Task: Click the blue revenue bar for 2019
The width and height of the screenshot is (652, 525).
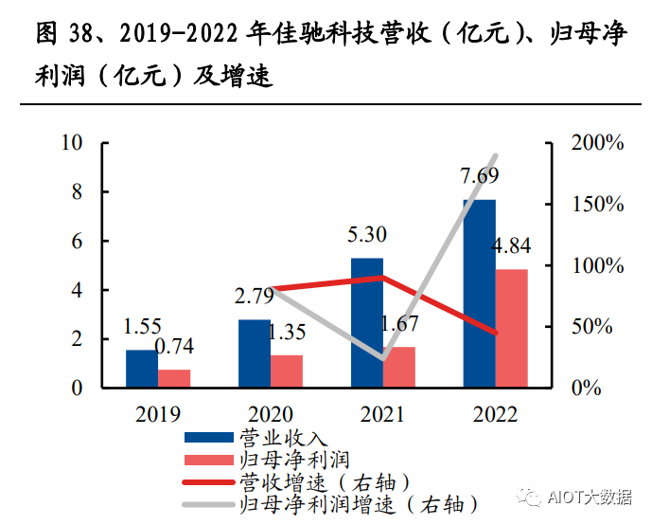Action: [x=141, y=369]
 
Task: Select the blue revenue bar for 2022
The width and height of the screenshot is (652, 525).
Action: [x=479, y=294]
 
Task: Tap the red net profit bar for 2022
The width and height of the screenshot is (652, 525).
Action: [x=512, y=328]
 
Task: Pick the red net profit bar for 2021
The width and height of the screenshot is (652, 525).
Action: [x=399, y=367]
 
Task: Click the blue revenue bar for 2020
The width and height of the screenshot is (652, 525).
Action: [x=254, y=353]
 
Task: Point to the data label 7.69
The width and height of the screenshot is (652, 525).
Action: [x=479, y=176]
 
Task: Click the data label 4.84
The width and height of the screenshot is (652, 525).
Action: [x=512, y=246]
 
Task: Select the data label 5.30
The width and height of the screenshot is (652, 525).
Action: [x=366, y=234]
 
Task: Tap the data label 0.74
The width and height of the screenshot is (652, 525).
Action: [x=176, y=347]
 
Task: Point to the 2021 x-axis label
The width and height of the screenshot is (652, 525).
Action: [x=382, y=414]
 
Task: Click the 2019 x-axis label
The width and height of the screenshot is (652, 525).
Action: [x=157, y=414]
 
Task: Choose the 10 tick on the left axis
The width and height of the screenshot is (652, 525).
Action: [x=73, y=143]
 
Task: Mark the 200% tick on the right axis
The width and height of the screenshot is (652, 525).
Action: [x=597, y=143]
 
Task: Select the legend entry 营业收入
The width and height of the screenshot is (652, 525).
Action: [x=283, y=439]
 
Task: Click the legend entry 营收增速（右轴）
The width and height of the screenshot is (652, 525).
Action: [x=321, y=481]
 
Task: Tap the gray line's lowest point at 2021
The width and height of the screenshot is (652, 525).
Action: [x=382, y=359]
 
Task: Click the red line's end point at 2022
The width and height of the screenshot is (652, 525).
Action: [x=495, y=333]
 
